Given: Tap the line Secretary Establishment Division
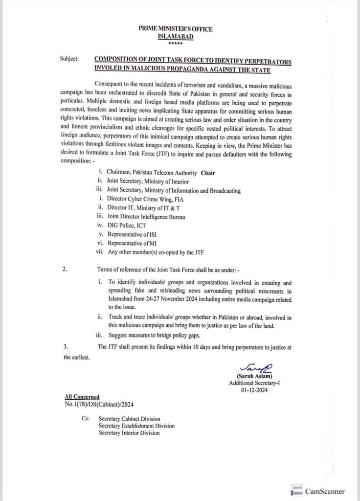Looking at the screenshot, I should (136, 426).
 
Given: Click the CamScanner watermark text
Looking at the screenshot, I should (325, 491).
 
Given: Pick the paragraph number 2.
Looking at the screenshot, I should (66, 268).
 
